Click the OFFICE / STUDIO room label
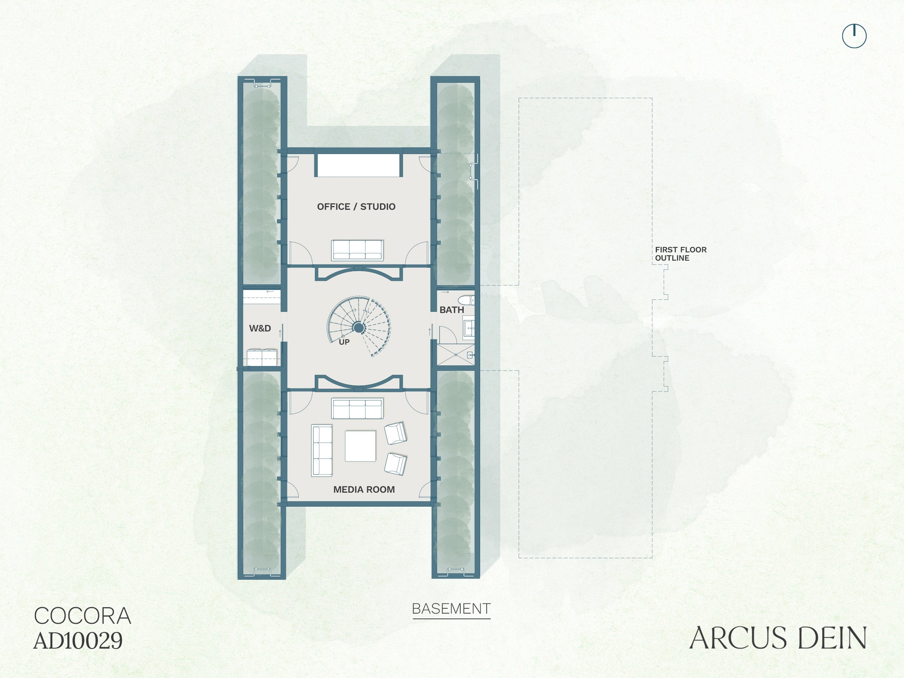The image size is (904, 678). [356, 207]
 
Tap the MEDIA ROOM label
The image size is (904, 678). [364, 490]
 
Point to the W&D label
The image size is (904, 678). [260, 328]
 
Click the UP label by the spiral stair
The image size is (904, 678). [344, 342]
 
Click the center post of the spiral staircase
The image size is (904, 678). [359, 327]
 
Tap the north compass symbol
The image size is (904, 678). [854, 36]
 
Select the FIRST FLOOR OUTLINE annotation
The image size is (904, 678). [681, 254]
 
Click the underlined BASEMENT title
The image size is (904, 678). [451, 609]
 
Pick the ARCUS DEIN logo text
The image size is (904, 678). [778, 638]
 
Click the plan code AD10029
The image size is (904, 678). [78, 640]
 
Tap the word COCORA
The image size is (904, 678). [82, 616]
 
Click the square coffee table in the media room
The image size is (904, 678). [360, 446]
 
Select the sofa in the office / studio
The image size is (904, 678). [357, 250]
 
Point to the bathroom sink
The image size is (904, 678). [469, 328]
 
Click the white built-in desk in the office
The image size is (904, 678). [358, 165]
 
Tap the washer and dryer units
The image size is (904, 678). [262, 357]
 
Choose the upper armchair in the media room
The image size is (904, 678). [395, 433]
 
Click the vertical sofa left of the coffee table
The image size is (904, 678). [322, 450]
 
